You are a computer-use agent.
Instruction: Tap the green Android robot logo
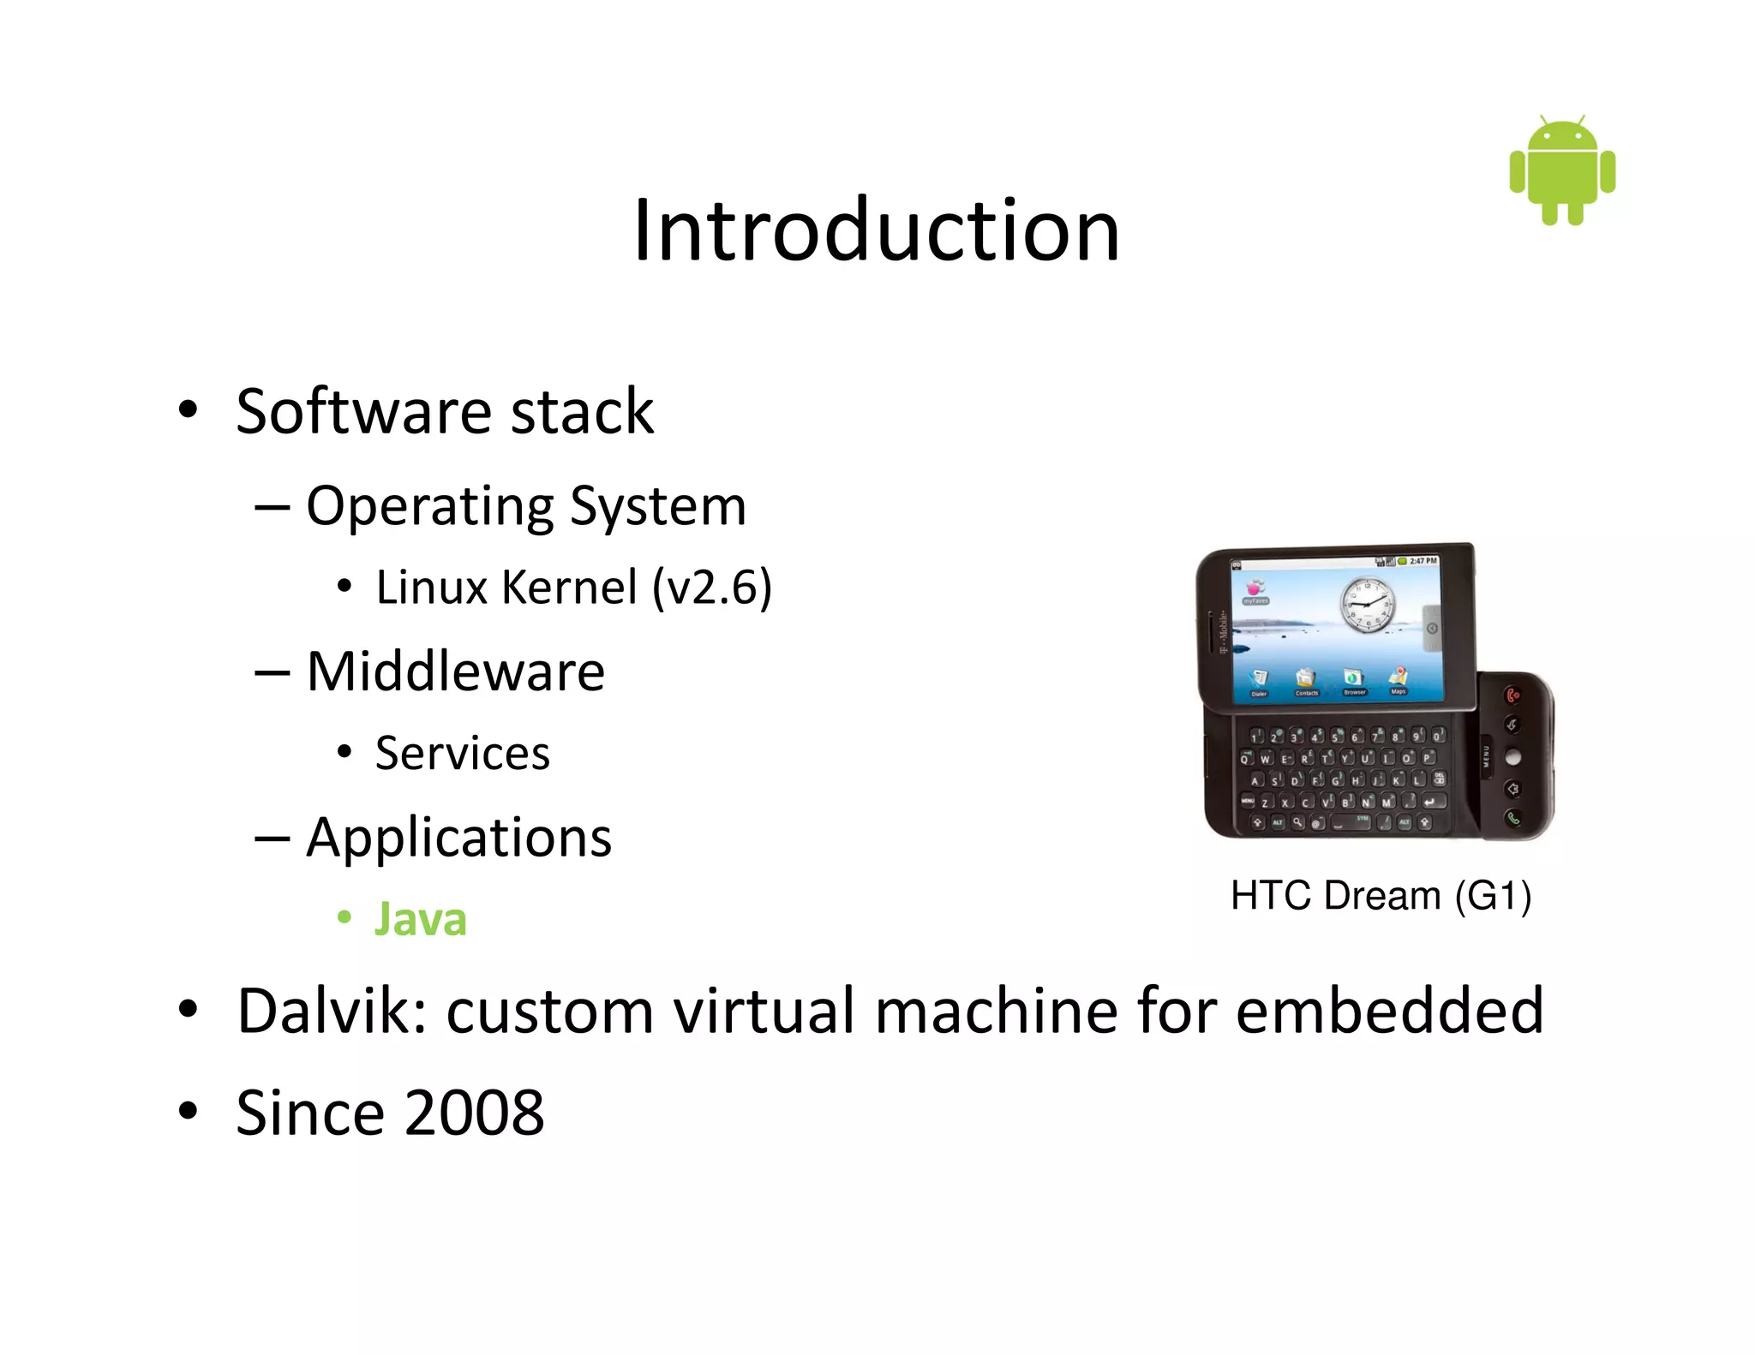click(1562, 171)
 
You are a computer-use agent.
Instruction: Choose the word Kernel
click(569, 588)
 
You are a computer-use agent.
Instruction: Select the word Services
click(462, 754)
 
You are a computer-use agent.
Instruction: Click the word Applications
click(458, 837)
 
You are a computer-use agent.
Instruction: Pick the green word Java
click(420, 919)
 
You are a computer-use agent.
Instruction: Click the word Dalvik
click(332, 1011)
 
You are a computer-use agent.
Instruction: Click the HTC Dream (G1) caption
click(1381, 895)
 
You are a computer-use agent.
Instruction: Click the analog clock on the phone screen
click(1368, 603)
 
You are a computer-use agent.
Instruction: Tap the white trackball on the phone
click(1513, 757)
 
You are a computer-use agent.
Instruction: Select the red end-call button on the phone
click(1513, 695)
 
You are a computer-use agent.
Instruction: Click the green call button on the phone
click(1513, 818)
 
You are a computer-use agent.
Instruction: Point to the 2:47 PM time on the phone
click(1423, 561)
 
